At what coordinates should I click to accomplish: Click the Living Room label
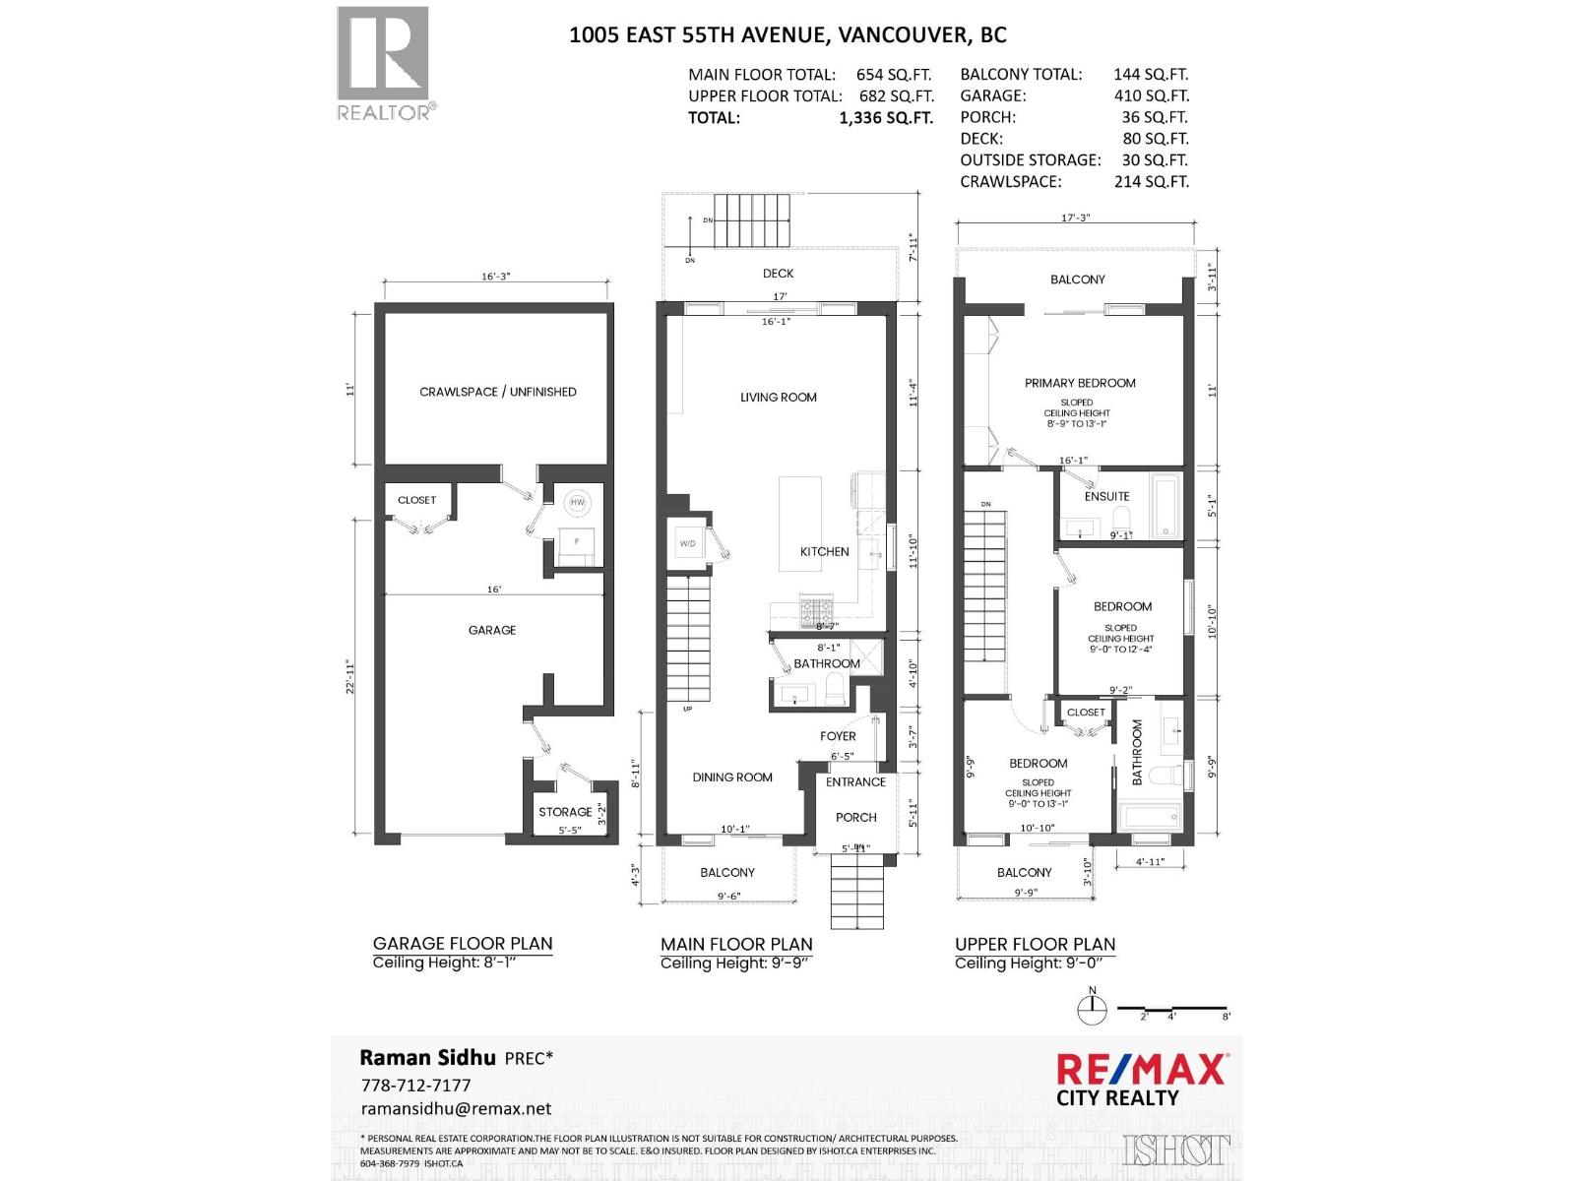tap(779, 398)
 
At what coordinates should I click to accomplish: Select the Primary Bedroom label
tap(1080, 383)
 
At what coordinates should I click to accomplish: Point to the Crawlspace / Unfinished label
tap(498, 392)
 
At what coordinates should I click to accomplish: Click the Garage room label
tap(492, 630)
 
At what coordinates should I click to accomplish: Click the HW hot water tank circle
tap(577, 503)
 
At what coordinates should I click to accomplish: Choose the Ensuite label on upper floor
tap(1107, 496)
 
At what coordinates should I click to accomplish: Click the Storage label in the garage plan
tap(565, 812)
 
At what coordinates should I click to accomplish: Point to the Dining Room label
tap(732, 777)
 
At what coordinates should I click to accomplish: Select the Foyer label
tap(839, 736)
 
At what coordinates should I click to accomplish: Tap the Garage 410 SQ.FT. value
tap(1152, 95)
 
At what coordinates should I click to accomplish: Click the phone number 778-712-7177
tap(415, 1085)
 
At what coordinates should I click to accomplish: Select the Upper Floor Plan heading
tap(1035, 944)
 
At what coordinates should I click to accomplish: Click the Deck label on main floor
tap(778, 274)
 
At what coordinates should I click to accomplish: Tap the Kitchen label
tap(825, 552)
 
